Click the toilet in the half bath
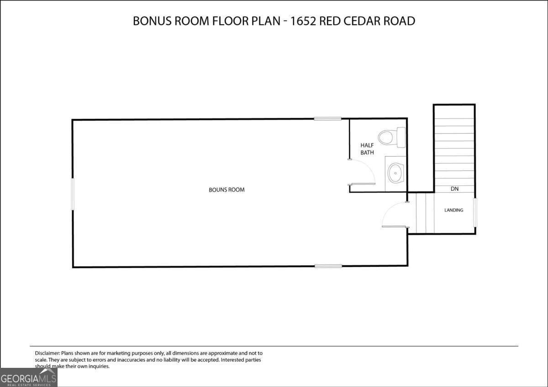pyautogui.click(x=391, y=137)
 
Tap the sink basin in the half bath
pyautogui.click(x=395, y=173)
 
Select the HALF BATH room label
pyautogui.click(x=367, y=149)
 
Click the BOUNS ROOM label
pyautogui.click(x=227, y=190)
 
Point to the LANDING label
pyautogui.click(x=454, y=210)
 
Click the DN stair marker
pyautogui.click(x=454, y=188)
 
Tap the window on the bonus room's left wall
pyautogui.click(x=72, y=194)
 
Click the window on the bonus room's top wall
pyautogui.click(x=327, y=119)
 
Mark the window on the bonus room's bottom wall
pyautogui.click(x=328, y=266)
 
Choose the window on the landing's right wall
pyautogui.click(x=475, y=212)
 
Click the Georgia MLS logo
pyautogui.click(x=28, y=377)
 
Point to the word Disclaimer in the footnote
pyautogui.click(x=47, y=353)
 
